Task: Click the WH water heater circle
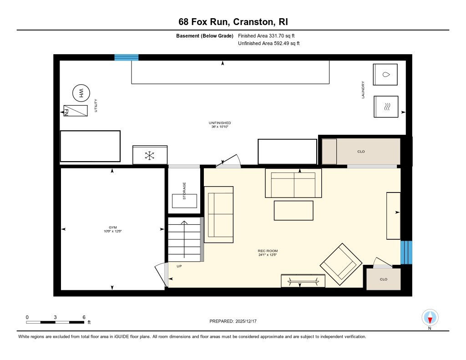point(81,93)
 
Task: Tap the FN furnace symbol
point(75,111)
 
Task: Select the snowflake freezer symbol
point(150,155)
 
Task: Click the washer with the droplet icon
point(385,74)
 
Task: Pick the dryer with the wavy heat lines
point(386,107)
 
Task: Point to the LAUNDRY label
point(363,90)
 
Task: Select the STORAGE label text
point(184,191)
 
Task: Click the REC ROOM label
point(268,251)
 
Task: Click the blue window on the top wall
point(126,57)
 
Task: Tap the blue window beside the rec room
point(406,252)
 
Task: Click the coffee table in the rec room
point(294,210)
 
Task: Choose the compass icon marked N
point(430,317)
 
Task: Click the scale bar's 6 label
point(84,317)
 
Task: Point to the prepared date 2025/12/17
point(236,321)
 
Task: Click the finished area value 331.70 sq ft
point(269,36)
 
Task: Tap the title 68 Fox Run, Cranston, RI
point(233,22)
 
